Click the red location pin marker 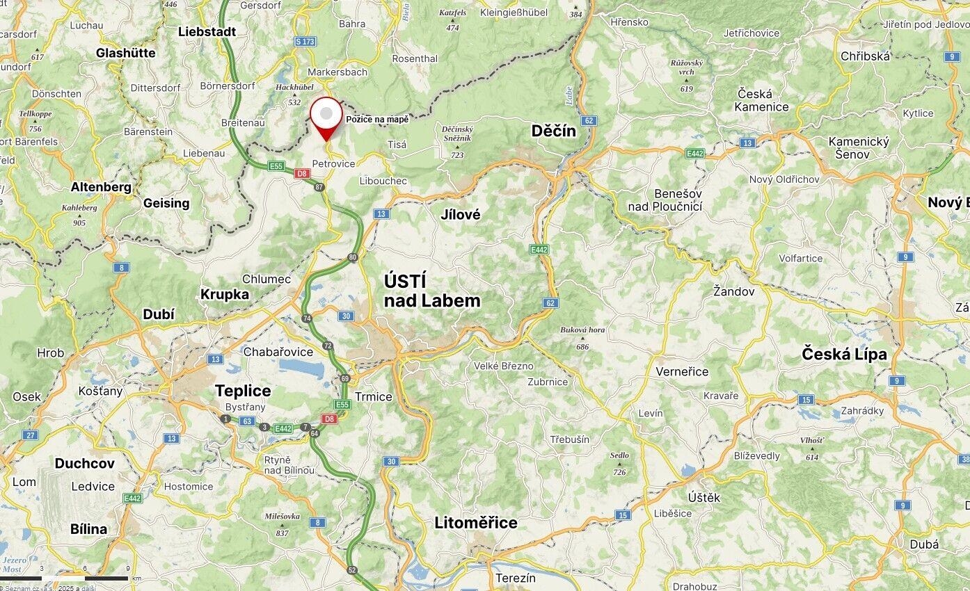tap(326, 116)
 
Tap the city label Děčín tap(553, 131)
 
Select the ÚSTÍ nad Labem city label tap(431, 291)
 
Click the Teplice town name tap(243, 391)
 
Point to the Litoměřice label tap(476, 523)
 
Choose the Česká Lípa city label tap(844, 354)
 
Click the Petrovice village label tap(333, 163)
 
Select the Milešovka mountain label tap(282, 517)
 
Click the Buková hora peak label tap(582, 330)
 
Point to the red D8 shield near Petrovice tap(302, 174)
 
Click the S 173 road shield tap(305, 42)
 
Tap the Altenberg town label tap(101, 187)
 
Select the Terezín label tap(516, 578)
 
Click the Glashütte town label tap(126, 53)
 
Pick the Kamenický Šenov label tap(859, 147)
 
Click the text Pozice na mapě tap(377, 120)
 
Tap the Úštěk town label tap(704, 497)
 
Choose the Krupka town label tap(225, 294)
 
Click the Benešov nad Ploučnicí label tap(665, 200)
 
